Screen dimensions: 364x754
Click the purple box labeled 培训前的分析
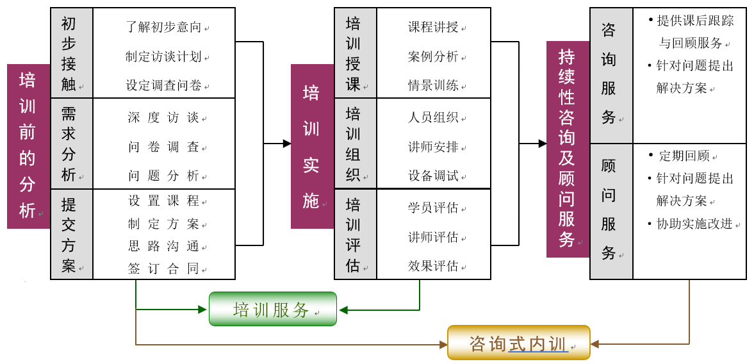coord(28,146)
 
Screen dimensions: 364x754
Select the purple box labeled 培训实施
coord(312,146)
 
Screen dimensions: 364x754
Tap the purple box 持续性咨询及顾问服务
coord(568,149)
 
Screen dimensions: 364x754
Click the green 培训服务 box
coord(272,309)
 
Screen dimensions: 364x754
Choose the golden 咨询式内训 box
coord(518,343)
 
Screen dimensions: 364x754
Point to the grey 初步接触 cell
coord(72,53)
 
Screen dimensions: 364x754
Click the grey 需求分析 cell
coord(72,144)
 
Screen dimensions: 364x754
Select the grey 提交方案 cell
coord(72,234)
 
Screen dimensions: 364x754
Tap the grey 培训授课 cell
coord(356,53)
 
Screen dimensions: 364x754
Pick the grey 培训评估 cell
coord(356,234)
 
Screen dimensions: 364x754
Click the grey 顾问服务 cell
coord(611,211)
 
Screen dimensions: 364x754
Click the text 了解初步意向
coord(164,27)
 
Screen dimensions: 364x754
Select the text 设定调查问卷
coord(164,85)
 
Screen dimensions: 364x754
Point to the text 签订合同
coord(164,269)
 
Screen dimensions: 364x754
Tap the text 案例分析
coord(433,56)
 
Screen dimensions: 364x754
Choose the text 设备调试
coord(433,176)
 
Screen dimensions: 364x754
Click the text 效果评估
coord(433,265)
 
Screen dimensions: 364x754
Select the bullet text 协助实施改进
coord(694,224)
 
